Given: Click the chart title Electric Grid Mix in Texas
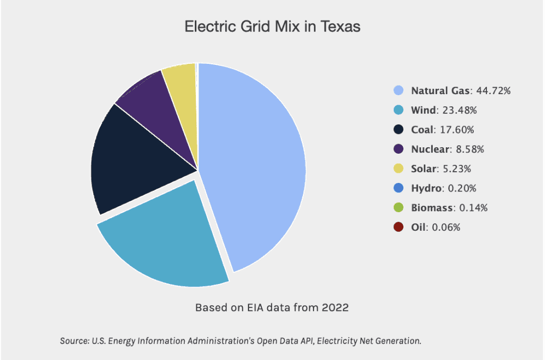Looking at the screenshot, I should tap(272, 27).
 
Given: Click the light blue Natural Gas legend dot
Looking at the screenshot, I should tap(399, 91).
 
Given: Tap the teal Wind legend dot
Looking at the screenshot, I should tap(399, 111).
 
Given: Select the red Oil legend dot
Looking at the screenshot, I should tap(399, 228).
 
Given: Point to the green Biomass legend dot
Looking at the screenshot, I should tap(399, 208).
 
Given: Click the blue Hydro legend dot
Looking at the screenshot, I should tap(399, 188).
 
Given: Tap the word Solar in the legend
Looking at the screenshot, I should tap(424, 169).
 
